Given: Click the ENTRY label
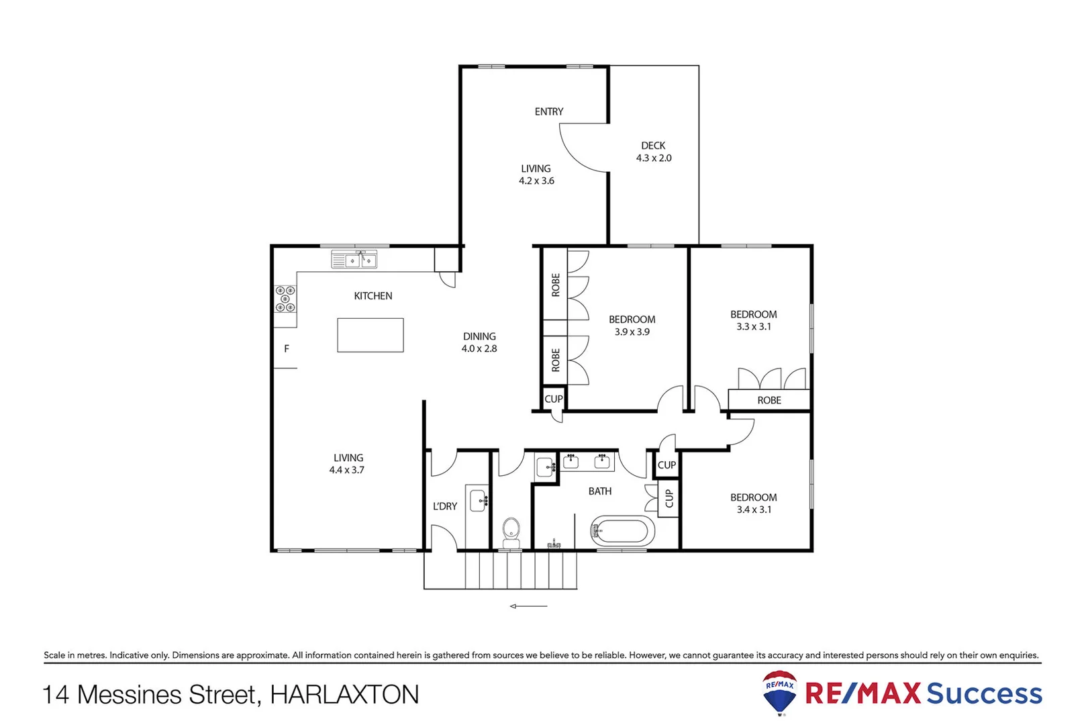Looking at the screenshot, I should coord(548,111).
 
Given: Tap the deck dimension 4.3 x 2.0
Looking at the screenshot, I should coord(653,158).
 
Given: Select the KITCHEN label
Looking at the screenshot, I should coord(373,295).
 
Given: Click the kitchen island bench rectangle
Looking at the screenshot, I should coord(370,335).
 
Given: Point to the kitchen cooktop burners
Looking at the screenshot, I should coord(285,299).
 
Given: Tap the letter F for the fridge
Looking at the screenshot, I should coord(287,348).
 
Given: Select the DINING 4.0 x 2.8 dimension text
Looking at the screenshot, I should coord(479,348).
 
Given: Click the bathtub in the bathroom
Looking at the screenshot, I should coord(622,532).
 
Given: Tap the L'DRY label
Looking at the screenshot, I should coord(444,506).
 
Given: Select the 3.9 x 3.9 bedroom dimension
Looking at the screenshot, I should coord(632,332).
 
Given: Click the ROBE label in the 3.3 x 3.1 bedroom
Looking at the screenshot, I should coord(769,400).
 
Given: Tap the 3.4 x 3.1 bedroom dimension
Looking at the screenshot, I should coord(753,510).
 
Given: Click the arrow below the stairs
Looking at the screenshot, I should coord(528,606).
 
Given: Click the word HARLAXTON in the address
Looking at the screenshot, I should coord(344,695).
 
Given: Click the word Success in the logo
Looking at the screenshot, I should coord(983,693).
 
